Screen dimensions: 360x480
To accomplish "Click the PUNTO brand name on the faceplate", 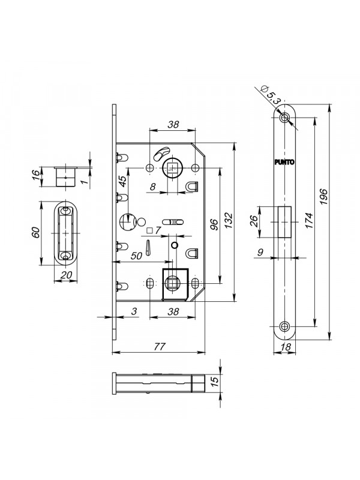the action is pos(284,162).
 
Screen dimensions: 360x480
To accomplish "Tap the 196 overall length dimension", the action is pos(324,197).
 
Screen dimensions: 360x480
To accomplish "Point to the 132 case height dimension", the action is pos(229,220).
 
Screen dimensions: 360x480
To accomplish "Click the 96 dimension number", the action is pos(214,224).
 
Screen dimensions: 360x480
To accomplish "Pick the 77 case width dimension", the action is pos(160,347).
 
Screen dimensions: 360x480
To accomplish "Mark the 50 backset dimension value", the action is pos(136,256).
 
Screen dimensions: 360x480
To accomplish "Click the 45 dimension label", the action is pos(122,182).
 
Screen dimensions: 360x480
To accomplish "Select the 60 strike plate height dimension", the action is pos(36,233).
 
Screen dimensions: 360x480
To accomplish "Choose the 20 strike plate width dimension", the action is pos(65,275).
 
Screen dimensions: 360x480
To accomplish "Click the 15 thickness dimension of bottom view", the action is pos(215,382).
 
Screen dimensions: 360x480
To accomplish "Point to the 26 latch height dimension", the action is pos(254,221).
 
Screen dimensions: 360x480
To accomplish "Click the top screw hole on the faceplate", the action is pos(285,117).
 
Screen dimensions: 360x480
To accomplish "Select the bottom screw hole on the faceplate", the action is pos(285,326).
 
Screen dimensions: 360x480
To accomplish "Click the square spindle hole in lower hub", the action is pos(172,284).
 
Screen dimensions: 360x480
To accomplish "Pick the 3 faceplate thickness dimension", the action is pos(134,311).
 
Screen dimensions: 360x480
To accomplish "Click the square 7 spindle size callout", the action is pos(154,230).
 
